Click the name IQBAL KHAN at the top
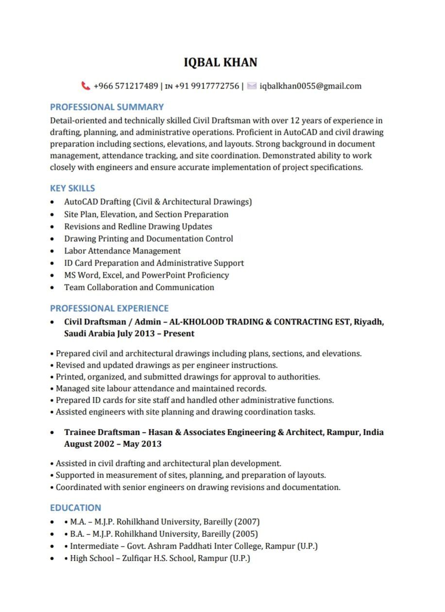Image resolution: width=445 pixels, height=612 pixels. [x=221, y=62]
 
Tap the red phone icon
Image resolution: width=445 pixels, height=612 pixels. [x=86, y=86]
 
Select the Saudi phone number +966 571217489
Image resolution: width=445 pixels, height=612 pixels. [x=126, y=86]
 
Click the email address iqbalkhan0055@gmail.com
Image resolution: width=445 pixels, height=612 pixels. [x=310, y=86]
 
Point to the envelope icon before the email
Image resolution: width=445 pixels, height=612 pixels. [x=252, y=86]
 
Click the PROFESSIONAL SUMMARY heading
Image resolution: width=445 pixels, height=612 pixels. [x=107, y=107]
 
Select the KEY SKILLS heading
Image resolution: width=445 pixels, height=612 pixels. [x=72, y=188]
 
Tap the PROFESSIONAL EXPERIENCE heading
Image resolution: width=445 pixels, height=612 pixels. [x=109, y=308]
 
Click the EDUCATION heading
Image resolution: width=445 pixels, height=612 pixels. [x=75, y=508]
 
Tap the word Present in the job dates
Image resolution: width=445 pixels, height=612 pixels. [x=179, y=334]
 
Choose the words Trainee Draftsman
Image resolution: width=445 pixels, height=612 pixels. [x=102, y=432]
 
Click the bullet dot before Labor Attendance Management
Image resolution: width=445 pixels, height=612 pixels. [x=53, y=252]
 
